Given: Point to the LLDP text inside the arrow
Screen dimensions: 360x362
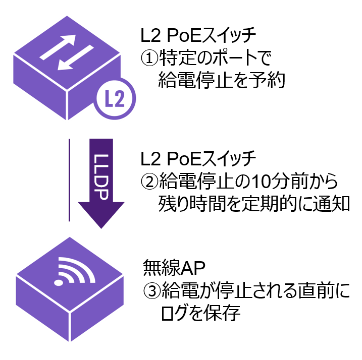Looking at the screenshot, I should point(101,174).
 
